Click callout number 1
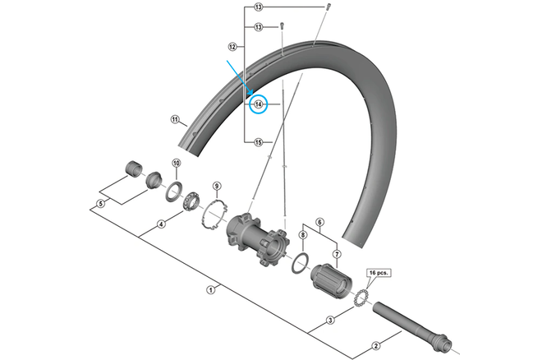[x=211, y=288]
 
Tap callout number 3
[x=329, y=320]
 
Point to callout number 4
[x=161, y=224]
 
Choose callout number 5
[x=100, y=204]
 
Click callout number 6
[x=319, y=221]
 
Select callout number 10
[x=176, y=164]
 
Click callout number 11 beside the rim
[x=174, y=119]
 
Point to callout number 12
[x=232, y=46]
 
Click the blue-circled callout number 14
[x=258, y=104]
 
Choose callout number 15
[x=258, y=142]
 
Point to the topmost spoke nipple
[x=327, y=7]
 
